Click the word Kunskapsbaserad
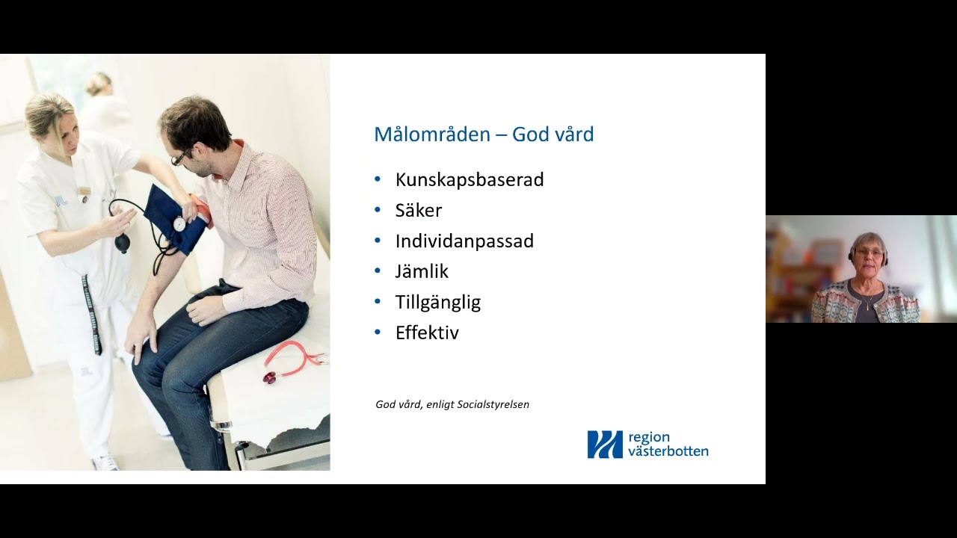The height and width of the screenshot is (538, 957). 469,180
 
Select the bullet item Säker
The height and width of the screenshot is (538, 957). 418,211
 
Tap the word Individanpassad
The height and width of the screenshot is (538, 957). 464,241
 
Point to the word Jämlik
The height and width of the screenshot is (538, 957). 422,272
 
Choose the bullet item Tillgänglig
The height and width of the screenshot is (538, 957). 437,303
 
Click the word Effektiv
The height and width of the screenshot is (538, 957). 427,333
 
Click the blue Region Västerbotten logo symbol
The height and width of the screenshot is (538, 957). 604,444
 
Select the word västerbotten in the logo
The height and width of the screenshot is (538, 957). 668,451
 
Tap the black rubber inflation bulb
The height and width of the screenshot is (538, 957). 122,243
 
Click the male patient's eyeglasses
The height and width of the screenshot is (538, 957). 180,157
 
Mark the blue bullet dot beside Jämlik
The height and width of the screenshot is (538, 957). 378,271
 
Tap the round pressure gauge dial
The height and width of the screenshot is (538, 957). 179,223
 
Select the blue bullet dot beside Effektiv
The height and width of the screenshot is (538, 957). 378,333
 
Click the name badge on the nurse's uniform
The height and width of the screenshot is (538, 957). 84,191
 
